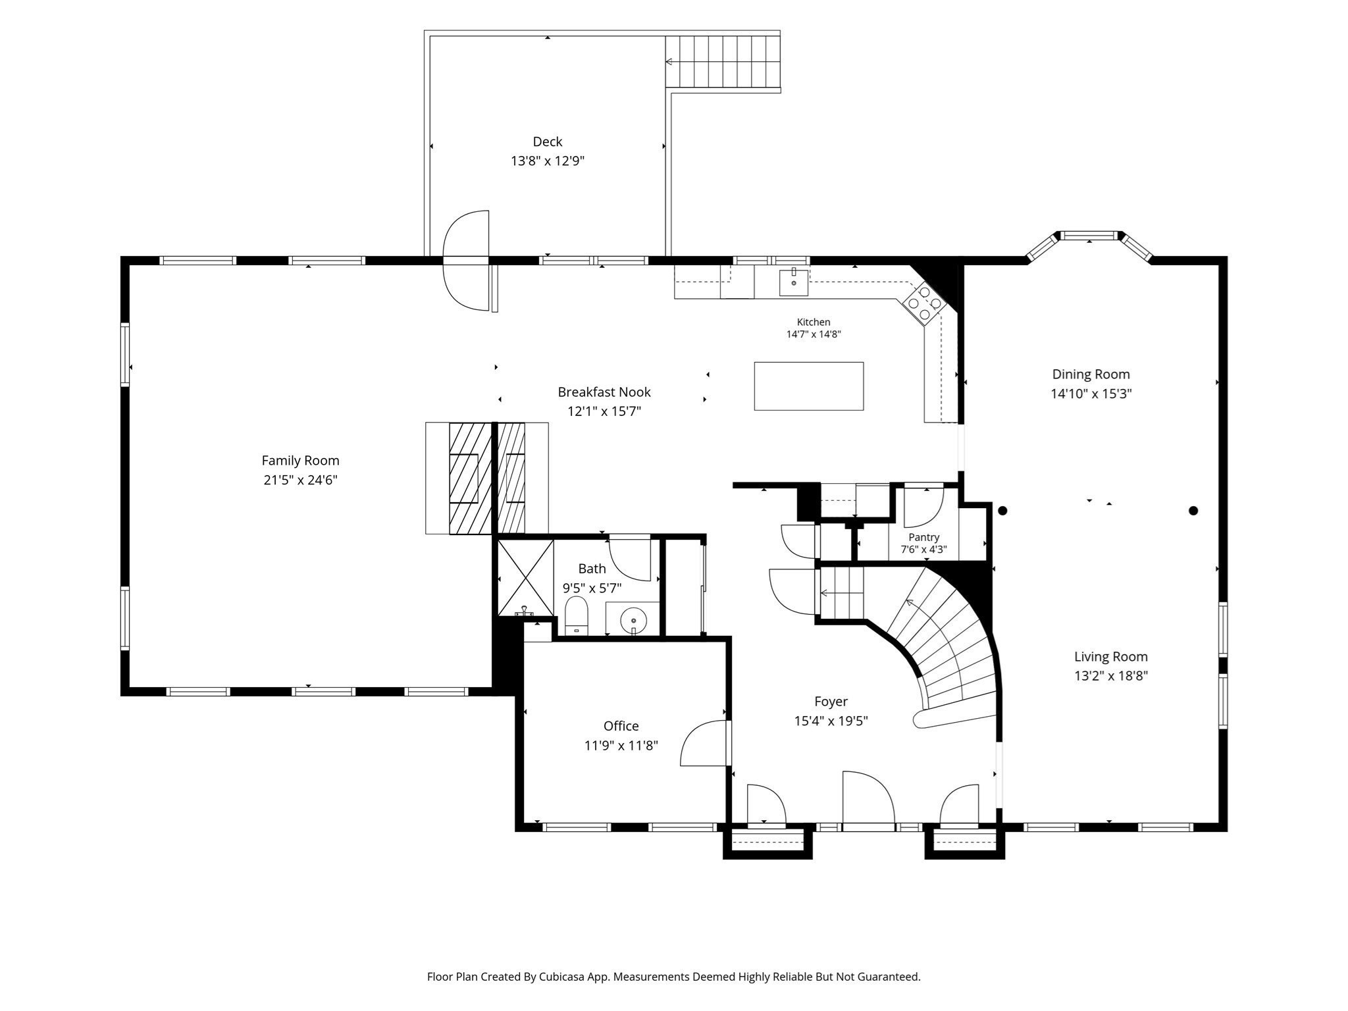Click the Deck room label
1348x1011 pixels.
[548, 142]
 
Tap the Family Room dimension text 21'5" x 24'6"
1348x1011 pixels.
[301, 480]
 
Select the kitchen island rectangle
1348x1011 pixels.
[808, 386]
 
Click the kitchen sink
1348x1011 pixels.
[794, 282]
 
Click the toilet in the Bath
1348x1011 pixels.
[576, 616]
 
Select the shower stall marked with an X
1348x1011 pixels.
[525, 577]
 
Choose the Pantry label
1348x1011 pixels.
[923, 537]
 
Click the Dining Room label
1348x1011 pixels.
[1091, 375]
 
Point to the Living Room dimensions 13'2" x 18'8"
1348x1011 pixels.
[1111, 675]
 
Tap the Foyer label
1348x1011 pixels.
[831, 702]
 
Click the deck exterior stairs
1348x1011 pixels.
[723, 61]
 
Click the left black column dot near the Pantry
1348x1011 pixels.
[1002, 510]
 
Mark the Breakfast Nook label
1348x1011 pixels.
[604, 392]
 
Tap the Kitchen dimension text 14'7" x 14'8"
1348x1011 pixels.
[814, 334]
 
